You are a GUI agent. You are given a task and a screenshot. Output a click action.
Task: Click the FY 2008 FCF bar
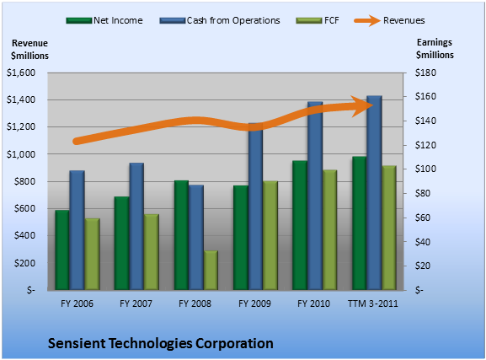coord(211,271)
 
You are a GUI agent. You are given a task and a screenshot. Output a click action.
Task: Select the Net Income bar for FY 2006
coord(62,250)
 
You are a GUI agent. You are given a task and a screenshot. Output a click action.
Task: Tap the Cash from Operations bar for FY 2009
coord(256,207)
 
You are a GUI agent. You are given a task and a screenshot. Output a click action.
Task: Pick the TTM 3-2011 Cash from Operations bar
coord(374,193)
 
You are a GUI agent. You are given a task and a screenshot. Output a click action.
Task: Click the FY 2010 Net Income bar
coord(300,225)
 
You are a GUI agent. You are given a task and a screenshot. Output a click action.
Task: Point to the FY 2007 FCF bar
coord(152,252)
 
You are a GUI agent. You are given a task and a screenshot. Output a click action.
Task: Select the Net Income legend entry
coord(104,20)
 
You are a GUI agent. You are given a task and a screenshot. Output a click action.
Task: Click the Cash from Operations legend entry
coord(220,20)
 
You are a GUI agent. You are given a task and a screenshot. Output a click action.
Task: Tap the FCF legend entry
coord(318,20)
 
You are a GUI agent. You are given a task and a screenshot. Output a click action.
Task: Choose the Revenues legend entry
coord(389,20)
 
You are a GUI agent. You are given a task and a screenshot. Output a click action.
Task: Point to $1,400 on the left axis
coord(21,99)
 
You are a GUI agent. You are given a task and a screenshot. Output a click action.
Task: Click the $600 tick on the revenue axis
coord(24,208)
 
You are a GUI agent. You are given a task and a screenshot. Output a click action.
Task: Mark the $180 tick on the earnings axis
coord(425,73)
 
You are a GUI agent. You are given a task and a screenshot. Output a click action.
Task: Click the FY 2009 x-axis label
coord(254,304)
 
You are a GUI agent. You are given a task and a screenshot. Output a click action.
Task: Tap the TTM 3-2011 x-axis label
coord(373,304)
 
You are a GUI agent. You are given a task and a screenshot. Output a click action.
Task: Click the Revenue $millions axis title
coord(29,50)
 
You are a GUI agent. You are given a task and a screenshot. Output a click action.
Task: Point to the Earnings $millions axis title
coord(435,49)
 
